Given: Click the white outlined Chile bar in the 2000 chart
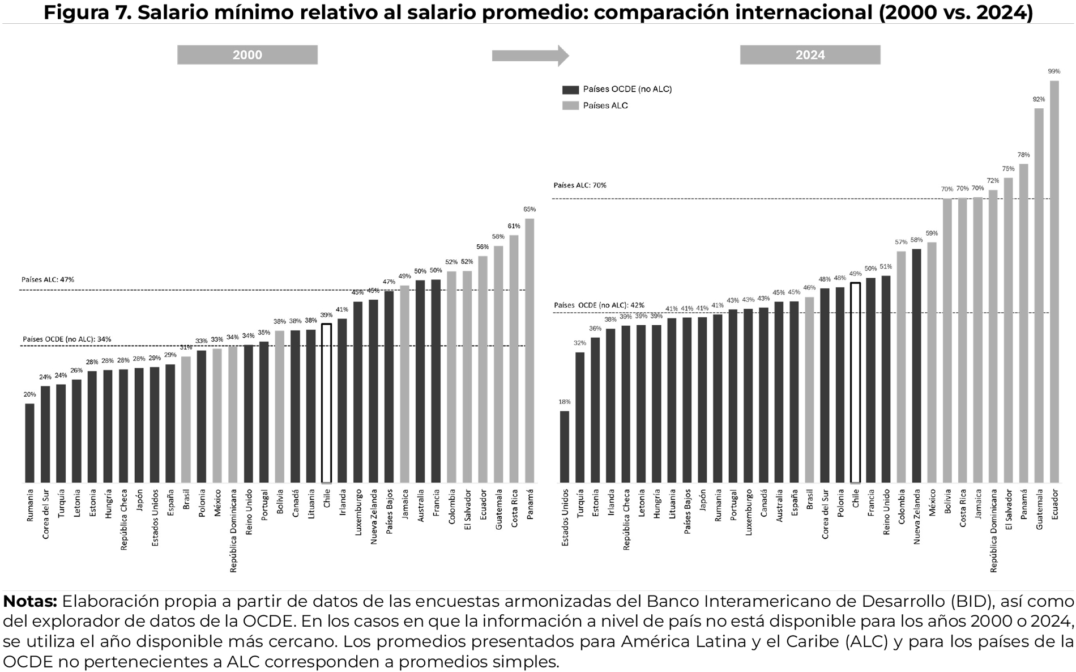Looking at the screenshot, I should (326, 403).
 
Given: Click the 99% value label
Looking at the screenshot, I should (1054, 71).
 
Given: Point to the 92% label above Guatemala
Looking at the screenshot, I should (1039, 99).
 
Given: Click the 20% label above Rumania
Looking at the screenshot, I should (29, 394).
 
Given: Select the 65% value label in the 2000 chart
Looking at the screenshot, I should (530, 209).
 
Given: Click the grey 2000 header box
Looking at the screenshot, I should (247, 55).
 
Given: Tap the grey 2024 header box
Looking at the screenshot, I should (810, 55).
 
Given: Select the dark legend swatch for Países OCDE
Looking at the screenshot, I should (570, 90).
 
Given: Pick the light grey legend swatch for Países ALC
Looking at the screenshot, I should (570, 105).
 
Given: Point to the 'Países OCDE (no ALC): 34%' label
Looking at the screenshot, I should (67, 339).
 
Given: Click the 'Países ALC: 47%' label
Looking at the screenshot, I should (48, 279).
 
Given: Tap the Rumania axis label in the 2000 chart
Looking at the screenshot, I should (30, 505).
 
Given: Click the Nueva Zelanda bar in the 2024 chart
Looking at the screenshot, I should (916, 365).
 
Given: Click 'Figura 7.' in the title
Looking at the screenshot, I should (87, 12).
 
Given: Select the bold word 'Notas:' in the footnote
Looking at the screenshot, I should (30, 601).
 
